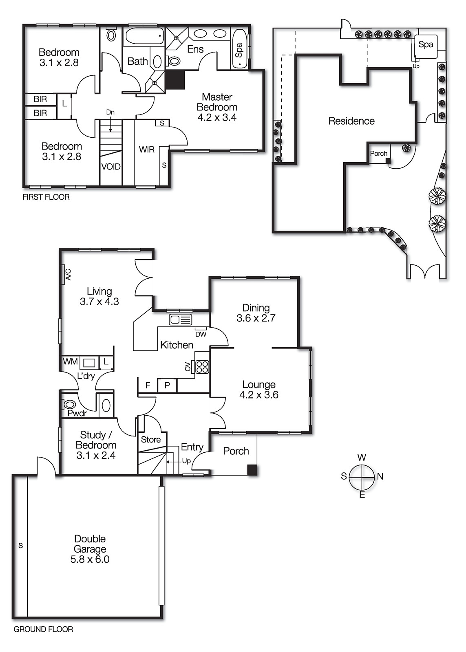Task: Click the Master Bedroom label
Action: point(217,102)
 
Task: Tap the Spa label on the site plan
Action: point(426,44)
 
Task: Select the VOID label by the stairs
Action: point(111,167)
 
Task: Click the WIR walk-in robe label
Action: point(146,150)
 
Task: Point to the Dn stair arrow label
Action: point(110,112)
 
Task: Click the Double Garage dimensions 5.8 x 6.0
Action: point(90,559)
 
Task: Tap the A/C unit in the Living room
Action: point(66,274)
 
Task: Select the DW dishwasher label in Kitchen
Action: point(201,334)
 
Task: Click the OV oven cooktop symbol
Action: point(202,367)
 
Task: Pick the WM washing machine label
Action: point(70,361)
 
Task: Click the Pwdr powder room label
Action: point(77,413)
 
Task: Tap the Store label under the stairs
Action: point(150,439)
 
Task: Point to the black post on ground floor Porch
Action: point(252,470)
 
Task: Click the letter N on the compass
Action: point(380,476)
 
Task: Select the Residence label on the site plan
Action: point(351,121)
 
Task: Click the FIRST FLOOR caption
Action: point(46,197)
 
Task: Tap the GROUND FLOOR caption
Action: point(43,629)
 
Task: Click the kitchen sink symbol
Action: point(180,319)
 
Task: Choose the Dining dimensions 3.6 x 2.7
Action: point(256,318)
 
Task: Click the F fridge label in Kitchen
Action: point(148,385)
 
